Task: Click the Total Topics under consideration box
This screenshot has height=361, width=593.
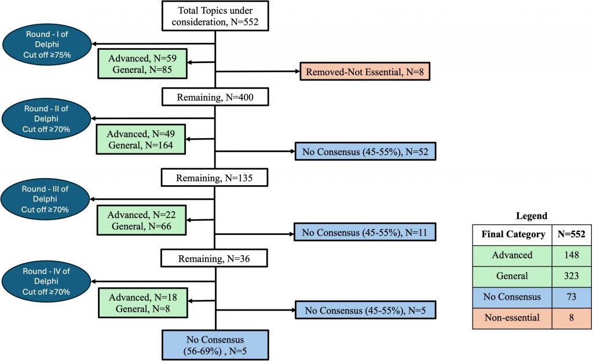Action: [x=215, y=16]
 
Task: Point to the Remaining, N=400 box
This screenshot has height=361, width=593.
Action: [x=215, y=98]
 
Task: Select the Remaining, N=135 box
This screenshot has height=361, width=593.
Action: [x=215, y=178]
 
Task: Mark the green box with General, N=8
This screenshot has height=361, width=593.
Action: [x=142, y=302]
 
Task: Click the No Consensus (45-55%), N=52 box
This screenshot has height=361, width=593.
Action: [x=365, y=152]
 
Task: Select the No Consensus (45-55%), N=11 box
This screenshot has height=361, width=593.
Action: [x=365, y=232]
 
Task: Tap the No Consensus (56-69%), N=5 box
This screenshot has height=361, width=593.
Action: [x=215, y=345]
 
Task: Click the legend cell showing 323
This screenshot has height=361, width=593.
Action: [x=571, y=276]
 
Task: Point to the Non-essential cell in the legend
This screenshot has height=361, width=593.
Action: [x=512, y=318]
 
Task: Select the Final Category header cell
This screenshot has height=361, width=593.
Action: [x=512, y=234]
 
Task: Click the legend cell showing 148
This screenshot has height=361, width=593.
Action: [x=571, y=255]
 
